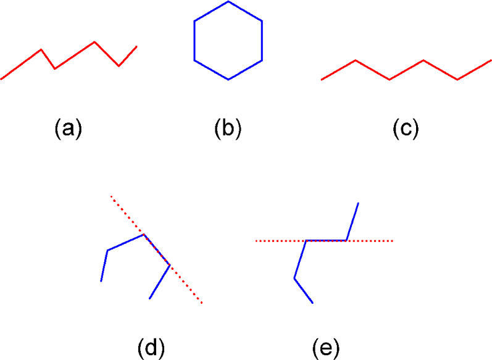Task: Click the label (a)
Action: click(68, 128)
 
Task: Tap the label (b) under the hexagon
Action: click(228, 128)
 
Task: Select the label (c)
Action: click(406, 128)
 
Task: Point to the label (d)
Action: click(151, 348)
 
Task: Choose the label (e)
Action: click(325, 348)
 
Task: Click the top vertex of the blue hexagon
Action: click(228, 1)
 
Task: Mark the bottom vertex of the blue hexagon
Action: click(228, 80)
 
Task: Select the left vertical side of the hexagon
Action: click(194, 41)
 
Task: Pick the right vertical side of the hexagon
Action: click(262, 41)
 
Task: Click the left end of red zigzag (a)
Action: click(1, 79)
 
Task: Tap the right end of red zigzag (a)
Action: click(136, 46)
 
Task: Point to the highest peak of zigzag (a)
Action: click(94, 42)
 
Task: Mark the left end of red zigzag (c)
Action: click(322, 80)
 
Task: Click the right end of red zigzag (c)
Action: click(491, 60)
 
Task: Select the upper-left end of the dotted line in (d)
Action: click(111, 196)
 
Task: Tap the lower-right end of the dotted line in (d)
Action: click(201, 303)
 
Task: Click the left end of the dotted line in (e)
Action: click(256, 241)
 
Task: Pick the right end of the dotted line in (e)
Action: click(393, 240)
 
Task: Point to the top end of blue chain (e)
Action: click(358, 203)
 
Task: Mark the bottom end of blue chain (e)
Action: click(313, 303)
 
